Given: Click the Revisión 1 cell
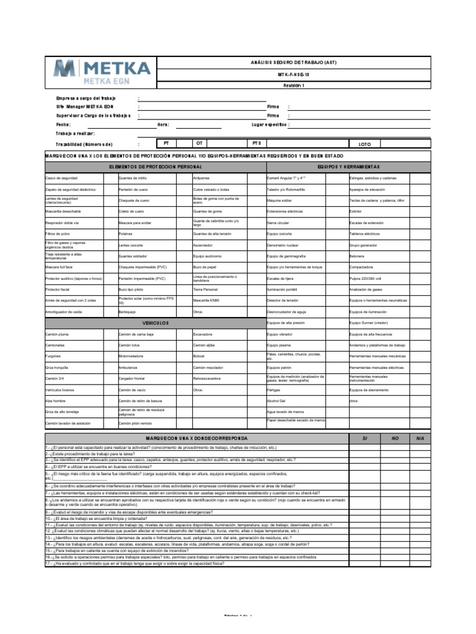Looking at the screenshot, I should pyautogui.click(x=294, y=85).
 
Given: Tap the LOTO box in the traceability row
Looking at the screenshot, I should pyautogui.click(x=364, y=144).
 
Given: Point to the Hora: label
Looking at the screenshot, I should pyautogui.click(x=164, y=124).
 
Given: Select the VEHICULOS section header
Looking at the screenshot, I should pyautogui.click(x=155, y=323).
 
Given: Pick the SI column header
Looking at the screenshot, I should pyautogui.click(x=364, y=438).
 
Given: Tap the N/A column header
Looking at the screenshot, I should pyautogui.click(x=420, y=438).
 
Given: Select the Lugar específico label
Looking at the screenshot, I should pyautogui.click(x=268, y=124).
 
